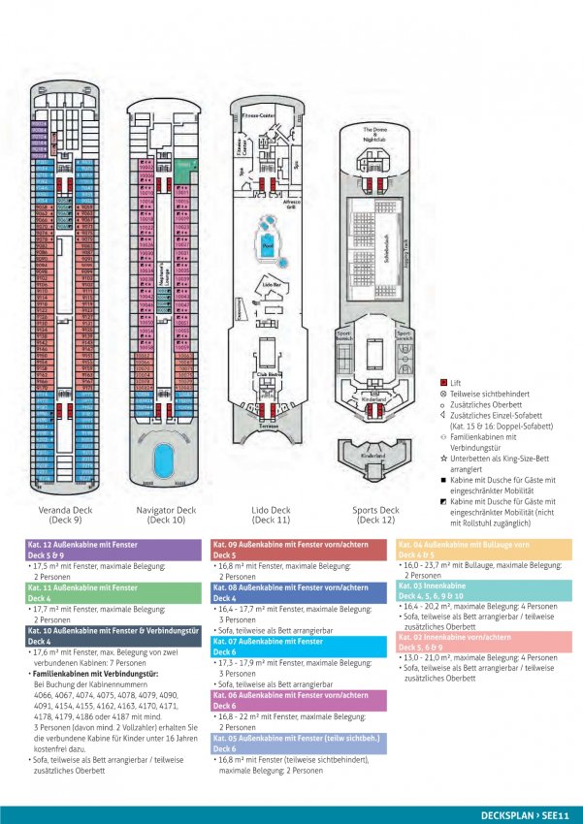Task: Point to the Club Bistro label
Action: pos(268,372)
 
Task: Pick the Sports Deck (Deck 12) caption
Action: pos(375,515)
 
